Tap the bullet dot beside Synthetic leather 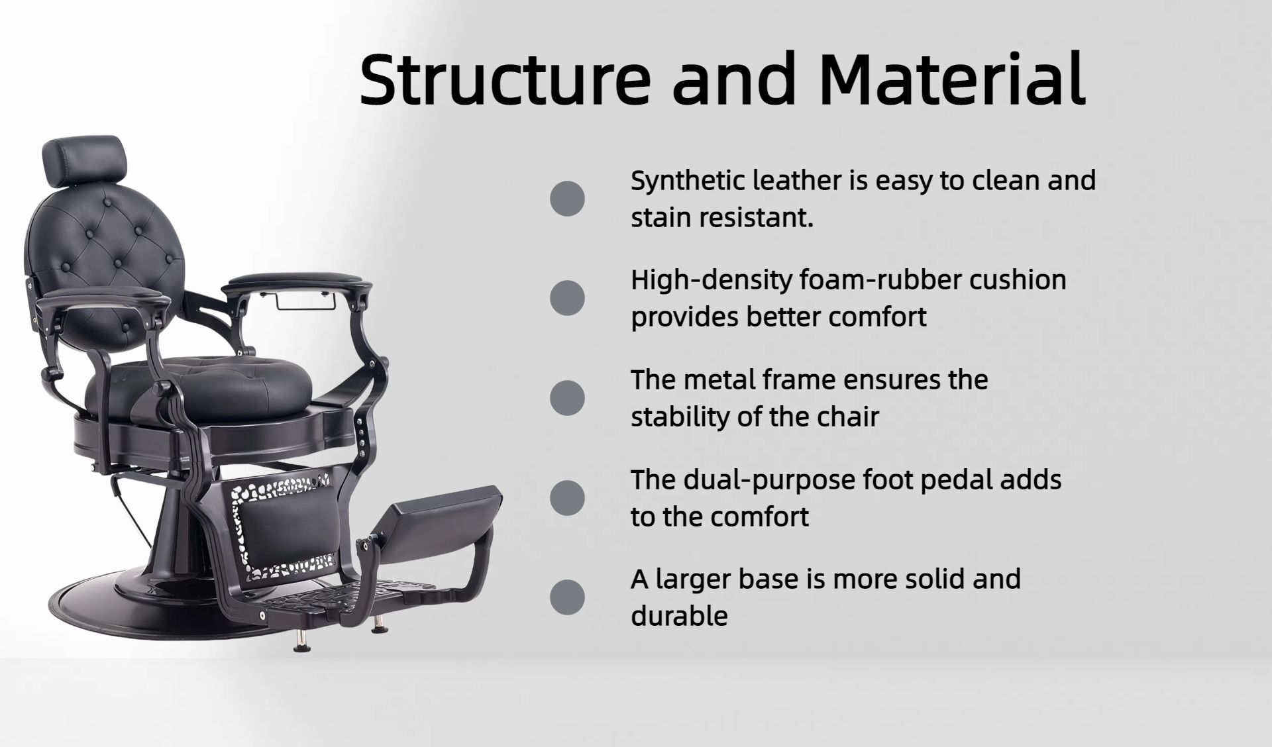[x=567, y=199]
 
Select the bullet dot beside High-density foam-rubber [x=567, y=298]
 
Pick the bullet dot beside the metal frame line [x=567, y=398]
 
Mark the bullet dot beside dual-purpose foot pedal [x=567, y=497]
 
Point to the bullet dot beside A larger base [x=567, y=597]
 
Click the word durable [x=679, y=616]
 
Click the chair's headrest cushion [x=83, y=160]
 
